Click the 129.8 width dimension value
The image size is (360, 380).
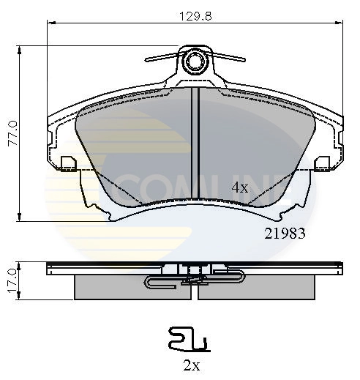coord(194,15)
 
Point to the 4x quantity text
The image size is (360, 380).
coord(240,187)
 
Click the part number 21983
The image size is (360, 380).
coord(283,234)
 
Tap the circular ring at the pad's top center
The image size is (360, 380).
coord(195,62)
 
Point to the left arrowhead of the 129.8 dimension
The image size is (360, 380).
coord(50,23)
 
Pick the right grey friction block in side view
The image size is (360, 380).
coord(256,288)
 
